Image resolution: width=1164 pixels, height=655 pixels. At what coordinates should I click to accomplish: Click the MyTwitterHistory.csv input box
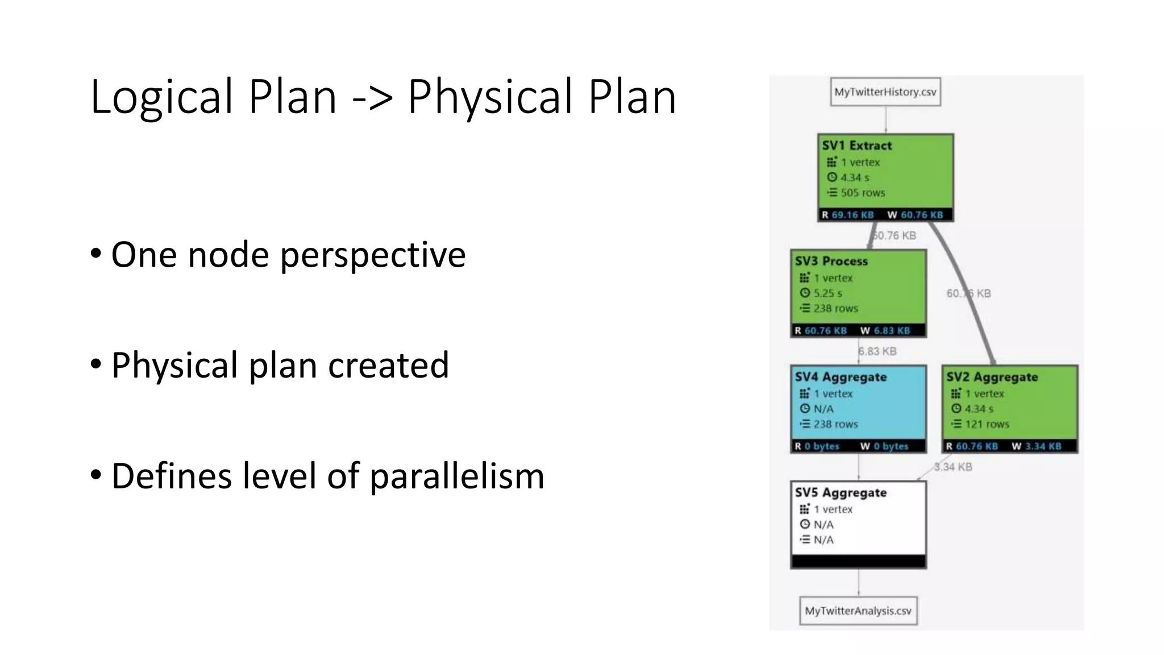coord(885,92)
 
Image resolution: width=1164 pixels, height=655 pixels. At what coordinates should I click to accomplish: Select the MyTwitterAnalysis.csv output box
coord(858,611)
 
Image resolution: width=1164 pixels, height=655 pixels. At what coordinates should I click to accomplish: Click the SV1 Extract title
coord(857,146)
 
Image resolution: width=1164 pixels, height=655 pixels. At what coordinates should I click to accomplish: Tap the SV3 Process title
coord(831,262)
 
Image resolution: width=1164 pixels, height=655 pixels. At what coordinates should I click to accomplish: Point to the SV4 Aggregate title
coord(841,377)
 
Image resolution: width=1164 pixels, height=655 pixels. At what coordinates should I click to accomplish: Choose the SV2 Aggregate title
coord(992,377)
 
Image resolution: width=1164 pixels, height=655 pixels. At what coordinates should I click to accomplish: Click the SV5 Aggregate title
coord(841,493)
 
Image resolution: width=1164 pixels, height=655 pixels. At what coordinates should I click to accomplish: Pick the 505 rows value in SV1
coord(862,193)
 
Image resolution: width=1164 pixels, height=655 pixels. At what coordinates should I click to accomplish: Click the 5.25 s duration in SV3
coord(828,293)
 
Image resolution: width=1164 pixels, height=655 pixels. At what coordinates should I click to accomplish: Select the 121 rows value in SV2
coord(987,424)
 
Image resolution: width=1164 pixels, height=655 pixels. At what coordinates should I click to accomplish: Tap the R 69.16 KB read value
coord(847,215)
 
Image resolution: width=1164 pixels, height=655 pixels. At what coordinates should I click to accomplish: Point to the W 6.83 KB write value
coord(885,331)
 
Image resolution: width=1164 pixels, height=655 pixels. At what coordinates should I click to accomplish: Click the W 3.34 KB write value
coord(1036,446)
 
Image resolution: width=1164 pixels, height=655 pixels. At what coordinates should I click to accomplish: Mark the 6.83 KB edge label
coord(878,351)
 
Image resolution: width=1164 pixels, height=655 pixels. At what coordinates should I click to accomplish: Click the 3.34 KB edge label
coord(953,467)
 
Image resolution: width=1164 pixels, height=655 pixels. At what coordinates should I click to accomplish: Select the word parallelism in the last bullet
coord(457,476)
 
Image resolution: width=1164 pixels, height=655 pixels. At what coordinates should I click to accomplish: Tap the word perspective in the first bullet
coord(373,255)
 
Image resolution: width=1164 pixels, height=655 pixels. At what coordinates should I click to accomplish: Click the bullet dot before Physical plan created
coord(96,364)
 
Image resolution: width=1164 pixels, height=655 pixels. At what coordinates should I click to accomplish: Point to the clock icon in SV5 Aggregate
coord(804,524)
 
